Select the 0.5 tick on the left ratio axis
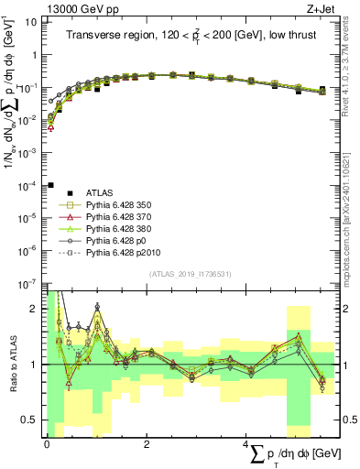tap(33, 420)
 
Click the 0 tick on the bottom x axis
tap(47, 442)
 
